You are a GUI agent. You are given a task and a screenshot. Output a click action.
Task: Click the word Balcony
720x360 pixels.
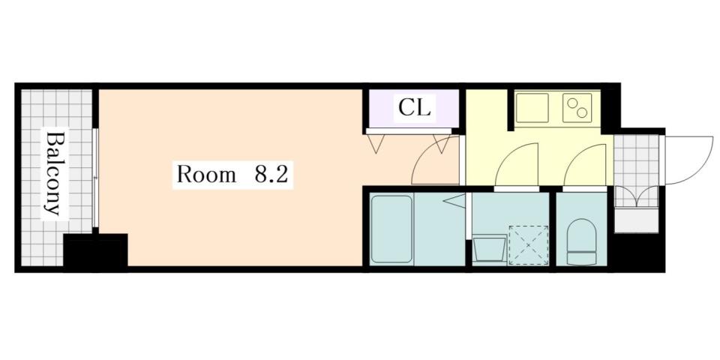point(52,173)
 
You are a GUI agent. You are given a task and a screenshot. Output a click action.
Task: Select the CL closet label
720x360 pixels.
point(414,109)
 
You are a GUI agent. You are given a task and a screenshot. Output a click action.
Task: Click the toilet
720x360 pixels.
point(581,241)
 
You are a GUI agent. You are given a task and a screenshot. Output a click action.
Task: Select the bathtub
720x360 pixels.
point(391,228)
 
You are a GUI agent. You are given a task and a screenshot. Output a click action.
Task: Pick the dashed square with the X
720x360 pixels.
point(528,244)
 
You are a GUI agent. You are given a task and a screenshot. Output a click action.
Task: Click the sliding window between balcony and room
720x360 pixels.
point(95,178)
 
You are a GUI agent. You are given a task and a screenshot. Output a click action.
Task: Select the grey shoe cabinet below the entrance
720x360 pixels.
point(635,220)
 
